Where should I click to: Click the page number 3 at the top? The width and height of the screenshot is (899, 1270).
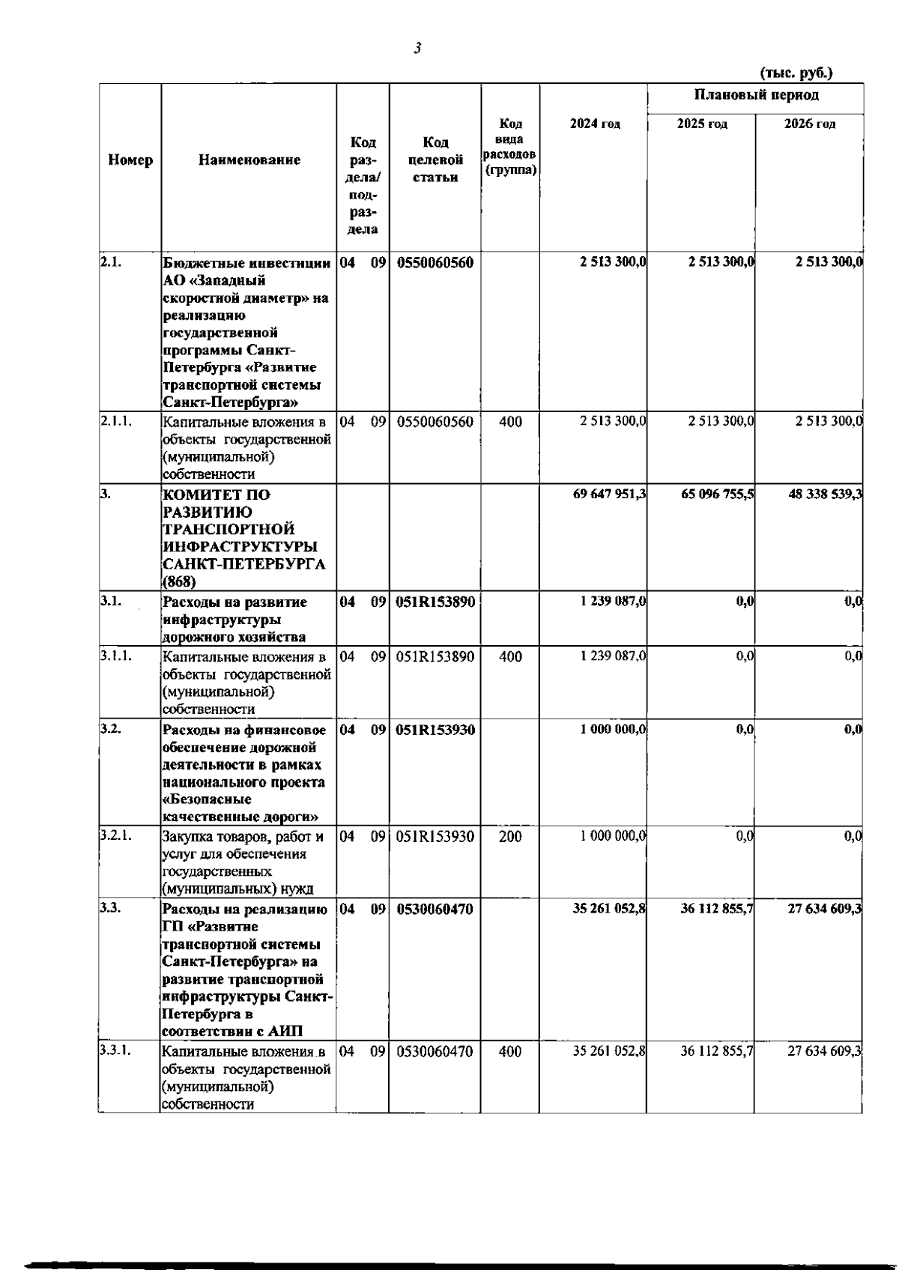[x=417, y=49]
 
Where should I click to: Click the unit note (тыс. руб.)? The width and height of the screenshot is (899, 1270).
[x=796, y=73]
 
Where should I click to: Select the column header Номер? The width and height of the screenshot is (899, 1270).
[x=130, y=160]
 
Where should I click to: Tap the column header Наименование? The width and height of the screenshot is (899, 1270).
[x=249, y=160]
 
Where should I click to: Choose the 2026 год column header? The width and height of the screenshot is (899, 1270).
[x=809, y=124]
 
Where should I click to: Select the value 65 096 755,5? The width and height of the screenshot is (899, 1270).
[x=717, y=495]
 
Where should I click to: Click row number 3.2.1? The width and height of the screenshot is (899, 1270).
[x=116, y=836]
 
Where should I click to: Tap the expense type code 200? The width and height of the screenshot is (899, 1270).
[x=510, y=837]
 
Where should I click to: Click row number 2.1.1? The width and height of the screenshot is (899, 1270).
[x=116, y=421]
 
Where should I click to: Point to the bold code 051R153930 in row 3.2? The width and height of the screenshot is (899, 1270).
[x=435, y=730]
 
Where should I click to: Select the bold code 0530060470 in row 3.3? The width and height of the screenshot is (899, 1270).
[x=435, y=910]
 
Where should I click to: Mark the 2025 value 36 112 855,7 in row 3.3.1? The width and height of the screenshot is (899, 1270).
[x=717, y=1051]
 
